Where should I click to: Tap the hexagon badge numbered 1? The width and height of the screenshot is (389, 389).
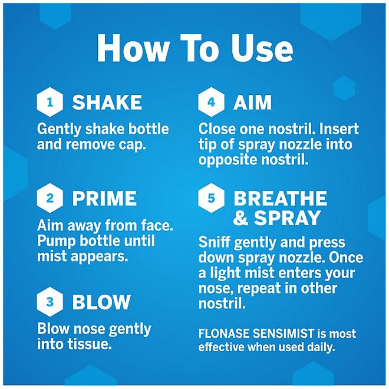pyautogui.click(x=50, y=102)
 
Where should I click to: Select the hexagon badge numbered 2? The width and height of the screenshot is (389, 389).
pyautogui.click(x=50, y=198)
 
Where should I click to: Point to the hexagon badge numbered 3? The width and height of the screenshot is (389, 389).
pyautogui.click(x=50, y=302)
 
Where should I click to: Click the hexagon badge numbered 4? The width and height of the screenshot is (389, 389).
pyautogui.click(x=211, y=102)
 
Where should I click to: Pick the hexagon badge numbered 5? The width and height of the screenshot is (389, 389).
pyautogui.click(x=211, y=198)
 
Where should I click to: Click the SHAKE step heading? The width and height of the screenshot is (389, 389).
pyautogui.click(x=107, y=102)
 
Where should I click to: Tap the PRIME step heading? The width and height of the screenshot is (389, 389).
pyautogui.click(x=104, y=198)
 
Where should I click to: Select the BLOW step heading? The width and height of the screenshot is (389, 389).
pyautogui.click(x=101, y=302)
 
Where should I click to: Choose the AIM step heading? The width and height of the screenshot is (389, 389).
pyautogui.click(x=252, y=102)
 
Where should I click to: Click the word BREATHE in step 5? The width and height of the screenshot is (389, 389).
pyautogui.click(x=281, y=198)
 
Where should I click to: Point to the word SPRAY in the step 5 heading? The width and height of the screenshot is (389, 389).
pyautogui.click(x=287, y=217)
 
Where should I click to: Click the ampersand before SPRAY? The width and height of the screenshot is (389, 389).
pyautogui.click(x=240, y=217)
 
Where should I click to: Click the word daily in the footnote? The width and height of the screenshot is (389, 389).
pyautogui.click(x=321, y=347)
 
